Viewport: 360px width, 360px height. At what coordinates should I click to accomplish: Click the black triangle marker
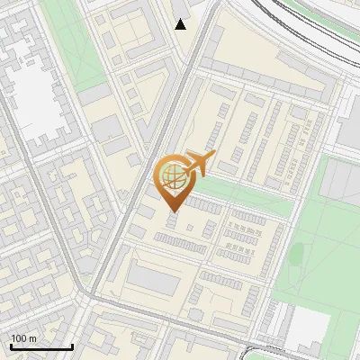181,24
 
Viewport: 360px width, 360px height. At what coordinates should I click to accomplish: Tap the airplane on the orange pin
198,162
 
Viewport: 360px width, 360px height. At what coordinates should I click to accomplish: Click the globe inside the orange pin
171,175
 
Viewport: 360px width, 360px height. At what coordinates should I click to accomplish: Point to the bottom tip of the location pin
171,211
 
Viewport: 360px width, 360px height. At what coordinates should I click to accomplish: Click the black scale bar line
41,346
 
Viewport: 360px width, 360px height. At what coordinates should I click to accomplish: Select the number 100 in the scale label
19,338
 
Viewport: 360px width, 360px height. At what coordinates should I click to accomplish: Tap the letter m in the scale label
32,338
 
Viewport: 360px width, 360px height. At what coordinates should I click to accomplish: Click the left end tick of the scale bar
11,345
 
